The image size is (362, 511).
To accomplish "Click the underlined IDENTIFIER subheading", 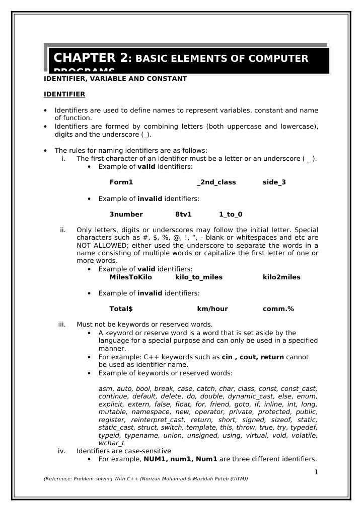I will pyautogui.click(x=64, y=94).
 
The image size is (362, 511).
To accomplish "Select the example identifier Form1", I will pyautogui.click(x=121, y=182).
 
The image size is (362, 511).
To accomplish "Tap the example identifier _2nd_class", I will pyautogui.click(x=216, y=182).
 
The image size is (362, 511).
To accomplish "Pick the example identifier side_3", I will pyautogui.click(x=274, y=182).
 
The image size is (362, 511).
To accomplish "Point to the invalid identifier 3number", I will pyautogui.click(x=126, y=214).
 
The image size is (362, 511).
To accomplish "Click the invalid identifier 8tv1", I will pyautogui.click(x=183, y=214).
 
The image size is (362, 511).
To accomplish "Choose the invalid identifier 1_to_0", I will pyautogui.click(x=231, y=214).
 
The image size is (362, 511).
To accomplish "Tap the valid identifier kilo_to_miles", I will pyautogui.click(x=198, y=277).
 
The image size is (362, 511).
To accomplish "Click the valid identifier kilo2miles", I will pyautogui.click(x=281, y=277).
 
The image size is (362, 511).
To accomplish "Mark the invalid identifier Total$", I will pyautogui.click(x=121, y=309).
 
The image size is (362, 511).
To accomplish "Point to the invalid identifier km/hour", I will pyautogui.click(x=212, y=309).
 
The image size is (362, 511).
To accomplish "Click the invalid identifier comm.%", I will pyautogui.click(x=278, y=309).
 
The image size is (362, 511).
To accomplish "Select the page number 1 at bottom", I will pyautogui.click(x=316, y=471).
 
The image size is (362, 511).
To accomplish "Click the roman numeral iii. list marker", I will pyautogui.click(x=62, y=324).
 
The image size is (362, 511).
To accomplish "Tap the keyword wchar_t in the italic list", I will pyautogui.click(x=111, y=443).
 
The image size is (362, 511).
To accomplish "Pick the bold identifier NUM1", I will pyautogui.click(x=155, y=459).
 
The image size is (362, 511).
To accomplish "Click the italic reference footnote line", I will pyautogui.click(x=146, y=479).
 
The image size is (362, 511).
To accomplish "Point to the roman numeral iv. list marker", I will pyautogui.click(x=62, y=451).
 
